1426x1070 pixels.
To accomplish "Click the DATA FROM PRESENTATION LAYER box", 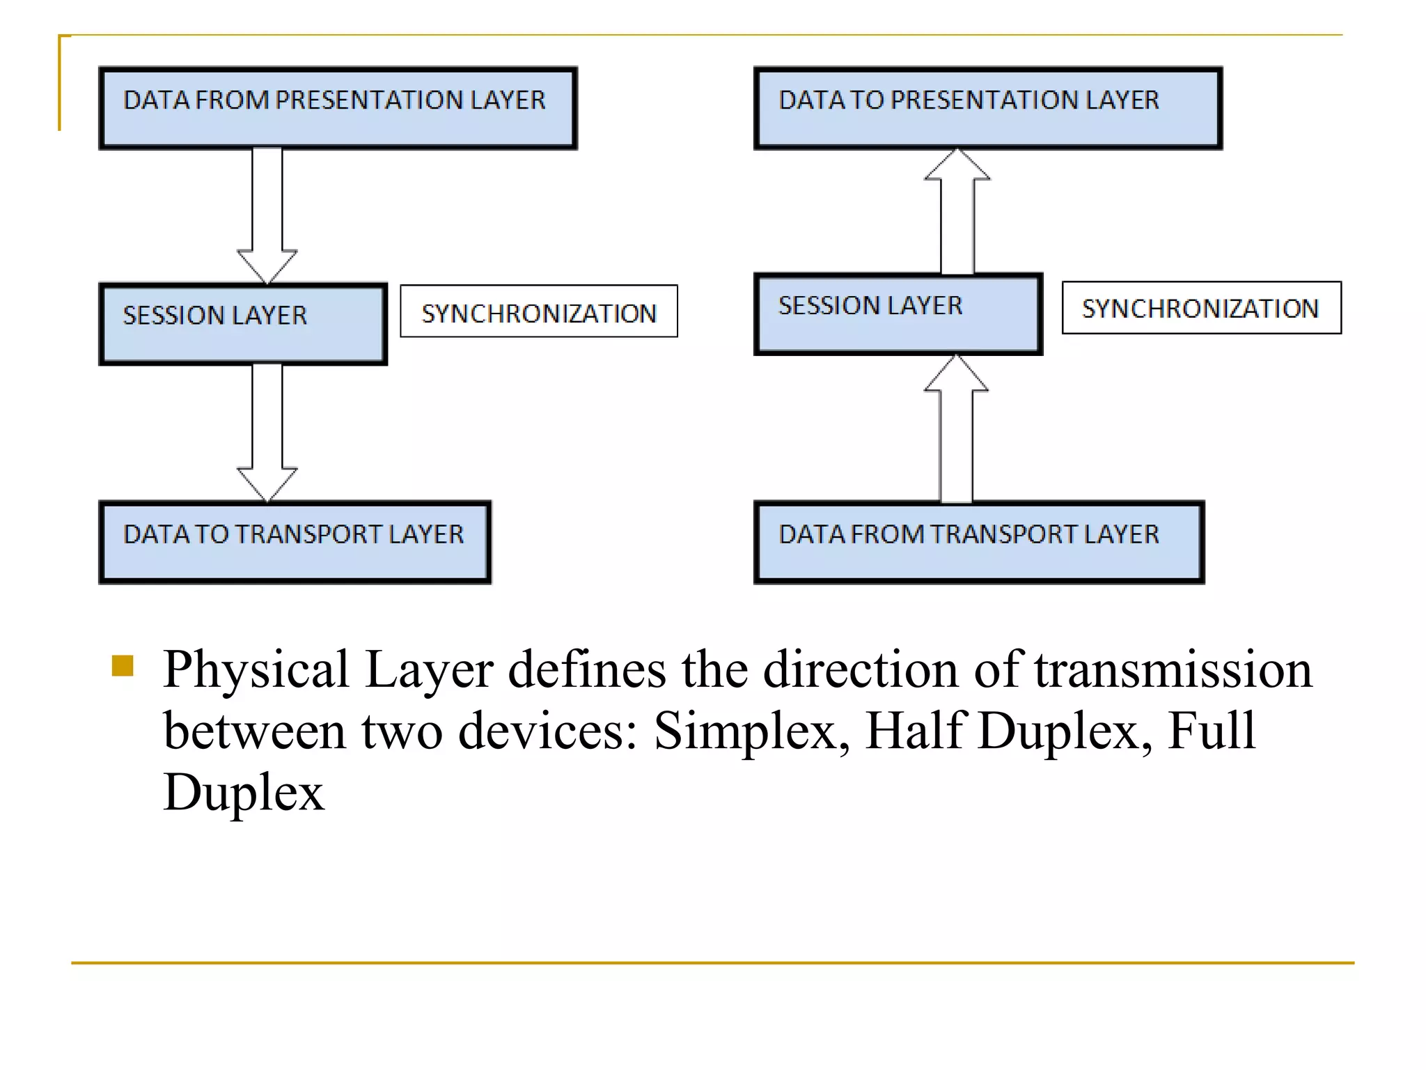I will click(338, 108).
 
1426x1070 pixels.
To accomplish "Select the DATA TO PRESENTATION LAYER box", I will click(987, 108).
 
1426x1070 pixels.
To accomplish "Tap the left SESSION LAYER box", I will click(242, 323).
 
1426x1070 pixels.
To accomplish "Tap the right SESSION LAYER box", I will click(898, 314).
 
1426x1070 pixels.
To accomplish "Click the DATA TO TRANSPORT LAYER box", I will click(295, 542).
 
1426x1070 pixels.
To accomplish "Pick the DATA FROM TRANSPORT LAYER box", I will click(978, 542).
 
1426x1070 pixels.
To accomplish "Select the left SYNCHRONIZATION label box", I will click(538, 311).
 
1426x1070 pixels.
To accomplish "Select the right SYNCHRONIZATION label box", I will click(1200, 308).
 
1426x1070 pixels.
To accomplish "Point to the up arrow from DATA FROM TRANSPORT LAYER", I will click(956, 432).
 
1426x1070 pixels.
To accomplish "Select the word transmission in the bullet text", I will click(1173, 669).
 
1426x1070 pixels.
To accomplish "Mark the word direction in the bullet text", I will click(861, 669).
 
